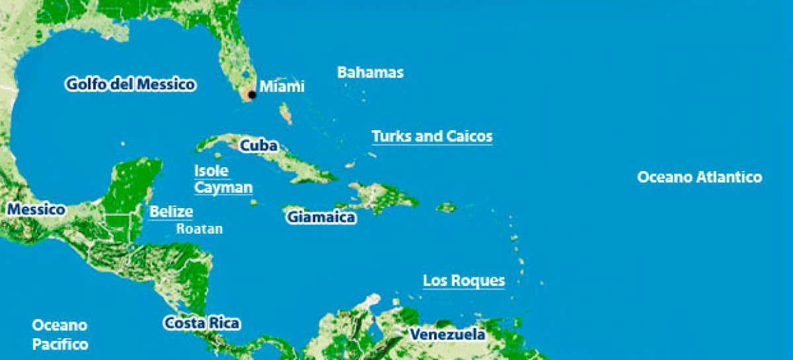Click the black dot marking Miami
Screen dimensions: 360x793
252,95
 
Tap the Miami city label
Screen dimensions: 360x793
282,87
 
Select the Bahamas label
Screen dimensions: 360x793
370,72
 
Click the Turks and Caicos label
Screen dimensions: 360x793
432,137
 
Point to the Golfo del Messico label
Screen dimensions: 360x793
130,85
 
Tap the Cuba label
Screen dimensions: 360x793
258,145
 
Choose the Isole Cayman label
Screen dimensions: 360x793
223,179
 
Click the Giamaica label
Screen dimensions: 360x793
321,217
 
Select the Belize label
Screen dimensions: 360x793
171,212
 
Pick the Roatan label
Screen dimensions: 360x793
199,229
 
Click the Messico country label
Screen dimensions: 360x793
36,210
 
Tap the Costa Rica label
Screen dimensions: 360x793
202,324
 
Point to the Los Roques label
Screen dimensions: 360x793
464,281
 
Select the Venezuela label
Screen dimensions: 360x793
447,334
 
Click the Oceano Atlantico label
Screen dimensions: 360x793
699,177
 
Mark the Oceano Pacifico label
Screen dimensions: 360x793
60,335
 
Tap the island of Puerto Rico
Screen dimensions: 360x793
447,207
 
